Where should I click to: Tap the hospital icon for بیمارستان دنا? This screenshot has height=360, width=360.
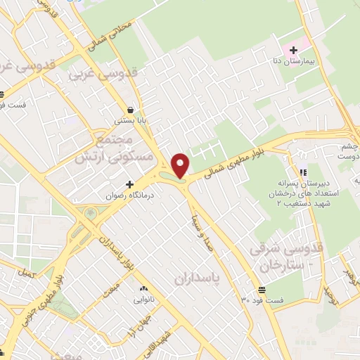point(293,50)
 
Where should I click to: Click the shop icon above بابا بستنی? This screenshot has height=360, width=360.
point(131,110)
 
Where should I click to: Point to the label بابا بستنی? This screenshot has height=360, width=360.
point(131,121)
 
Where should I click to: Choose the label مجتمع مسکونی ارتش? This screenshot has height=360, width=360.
point(108,146)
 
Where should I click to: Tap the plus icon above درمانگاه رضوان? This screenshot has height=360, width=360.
point(129,184)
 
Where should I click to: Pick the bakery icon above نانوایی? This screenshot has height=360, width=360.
point(143,288)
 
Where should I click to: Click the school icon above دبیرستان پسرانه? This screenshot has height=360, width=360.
point(302,172)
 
